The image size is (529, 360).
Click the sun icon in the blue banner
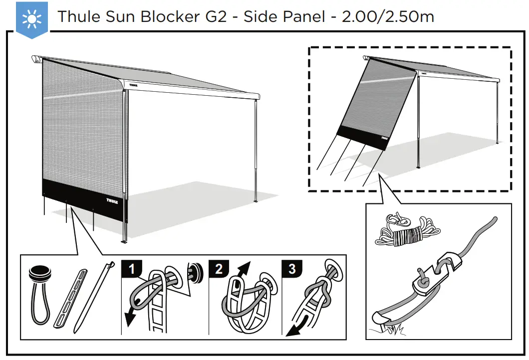tap(31, 17)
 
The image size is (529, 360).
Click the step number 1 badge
tap(131, 270)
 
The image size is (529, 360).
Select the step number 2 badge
tap(219, 270)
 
